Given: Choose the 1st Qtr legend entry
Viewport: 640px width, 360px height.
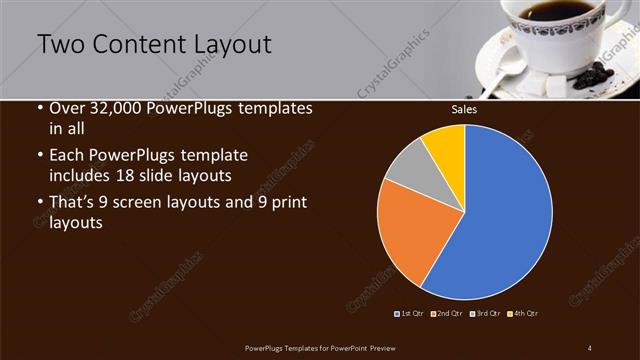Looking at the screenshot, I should (411, 314).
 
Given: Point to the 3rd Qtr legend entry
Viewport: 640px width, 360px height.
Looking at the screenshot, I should (486, 314).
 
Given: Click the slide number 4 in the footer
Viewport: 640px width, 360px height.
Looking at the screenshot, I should (589, 347).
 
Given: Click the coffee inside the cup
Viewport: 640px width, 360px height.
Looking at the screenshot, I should (545, 11).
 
